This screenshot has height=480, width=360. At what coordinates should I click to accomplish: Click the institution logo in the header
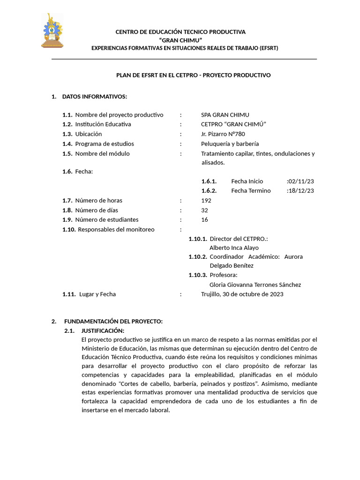tap(52, 31)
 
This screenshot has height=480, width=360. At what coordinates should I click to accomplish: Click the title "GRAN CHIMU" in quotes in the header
tap(180, 40)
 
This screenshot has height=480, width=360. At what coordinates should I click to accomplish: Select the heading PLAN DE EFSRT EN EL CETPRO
tap(193, 75)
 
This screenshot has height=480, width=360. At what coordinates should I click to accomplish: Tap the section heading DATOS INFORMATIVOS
tap(94, 97)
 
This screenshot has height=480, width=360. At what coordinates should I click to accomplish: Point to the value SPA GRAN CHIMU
tap(225, 115)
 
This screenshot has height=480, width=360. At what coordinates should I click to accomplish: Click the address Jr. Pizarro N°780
tap(223, 134)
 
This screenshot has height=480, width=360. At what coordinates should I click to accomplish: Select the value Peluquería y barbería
tap(230, 144)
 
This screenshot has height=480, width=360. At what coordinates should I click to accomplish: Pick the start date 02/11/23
tap(301, 181)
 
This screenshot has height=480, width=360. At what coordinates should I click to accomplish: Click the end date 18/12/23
tap(301, 191)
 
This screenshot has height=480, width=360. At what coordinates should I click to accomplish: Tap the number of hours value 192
tap(206, 201)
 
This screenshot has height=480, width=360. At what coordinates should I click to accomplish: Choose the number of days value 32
tap(204, 210)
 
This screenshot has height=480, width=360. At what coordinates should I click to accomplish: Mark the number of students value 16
tap(204, 220)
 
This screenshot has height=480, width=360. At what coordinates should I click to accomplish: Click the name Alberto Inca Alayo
tap(234, 247)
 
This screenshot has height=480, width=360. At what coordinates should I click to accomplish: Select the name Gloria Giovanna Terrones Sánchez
tap(255, 285)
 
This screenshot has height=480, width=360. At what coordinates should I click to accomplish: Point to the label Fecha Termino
tap(251, 191)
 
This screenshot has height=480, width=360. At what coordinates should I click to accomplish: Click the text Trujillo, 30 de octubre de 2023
tap(242, 294)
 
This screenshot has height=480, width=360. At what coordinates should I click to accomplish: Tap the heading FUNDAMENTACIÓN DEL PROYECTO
tap(113, 321)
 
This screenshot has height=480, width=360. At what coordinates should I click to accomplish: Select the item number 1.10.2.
tap(198, 257)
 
